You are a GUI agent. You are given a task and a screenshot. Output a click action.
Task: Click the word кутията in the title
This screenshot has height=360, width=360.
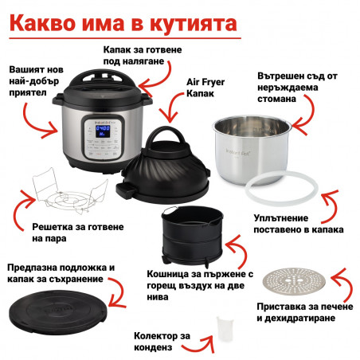[x=194, y=24]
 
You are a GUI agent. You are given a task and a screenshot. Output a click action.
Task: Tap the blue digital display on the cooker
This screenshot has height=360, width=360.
[x=103, y=131]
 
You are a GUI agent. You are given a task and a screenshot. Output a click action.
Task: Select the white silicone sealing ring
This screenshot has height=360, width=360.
[x=281, y=190]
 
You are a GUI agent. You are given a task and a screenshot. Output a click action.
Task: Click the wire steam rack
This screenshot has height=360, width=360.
[x=70, y=194]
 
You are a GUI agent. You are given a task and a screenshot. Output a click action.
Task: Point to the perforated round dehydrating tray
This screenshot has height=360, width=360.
[x=294, y=281]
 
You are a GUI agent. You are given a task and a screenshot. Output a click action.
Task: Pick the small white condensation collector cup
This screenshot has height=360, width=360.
[x=225, y=329]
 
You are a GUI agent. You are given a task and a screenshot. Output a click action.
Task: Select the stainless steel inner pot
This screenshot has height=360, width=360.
[x=252, y=150]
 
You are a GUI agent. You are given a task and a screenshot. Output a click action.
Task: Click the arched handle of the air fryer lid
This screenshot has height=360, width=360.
[x=166, y=135]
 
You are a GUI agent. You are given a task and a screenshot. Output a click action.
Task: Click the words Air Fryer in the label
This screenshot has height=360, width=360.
[x=205, y=82]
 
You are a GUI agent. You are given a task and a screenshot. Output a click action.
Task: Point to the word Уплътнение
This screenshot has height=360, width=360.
[x=281, y=218]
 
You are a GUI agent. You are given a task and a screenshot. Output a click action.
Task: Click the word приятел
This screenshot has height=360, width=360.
[x=28, y=93]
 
